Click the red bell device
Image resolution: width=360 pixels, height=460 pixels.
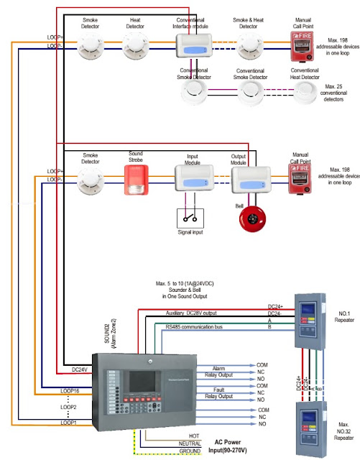[x=253, y=220]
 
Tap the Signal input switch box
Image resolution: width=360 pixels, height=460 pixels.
[x=190, y=218]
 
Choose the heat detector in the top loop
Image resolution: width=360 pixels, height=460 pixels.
[x=136, y=48]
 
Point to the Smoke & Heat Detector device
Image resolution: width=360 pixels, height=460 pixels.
[x=249, y=48]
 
